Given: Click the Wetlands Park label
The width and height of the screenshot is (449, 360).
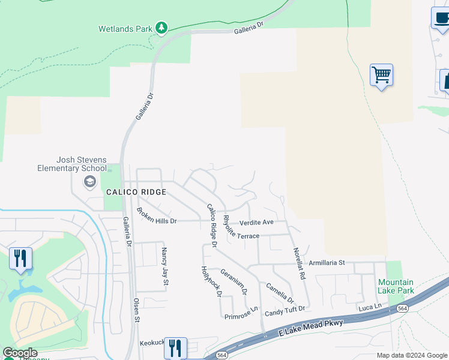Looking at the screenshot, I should [x=125, y=28].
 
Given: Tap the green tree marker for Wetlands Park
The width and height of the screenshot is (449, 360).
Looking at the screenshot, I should [x=161, y=28].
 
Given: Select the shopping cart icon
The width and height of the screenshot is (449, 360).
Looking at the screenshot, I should [x=381, y=76].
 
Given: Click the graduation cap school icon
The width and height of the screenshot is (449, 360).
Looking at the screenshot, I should [x=90, y=182].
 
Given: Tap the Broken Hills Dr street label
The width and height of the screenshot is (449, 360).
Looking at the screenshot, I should [x=157, y=216].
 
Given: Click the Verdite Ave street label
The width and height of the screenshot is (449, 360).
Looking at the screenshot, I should [x=256, y=222].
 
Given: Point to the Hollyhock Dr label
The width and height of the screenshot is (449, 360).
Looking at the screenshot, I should [x=211, y=281].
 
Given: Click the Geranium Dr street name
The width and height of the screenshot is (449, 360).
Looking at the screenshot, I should [x=234, y=280].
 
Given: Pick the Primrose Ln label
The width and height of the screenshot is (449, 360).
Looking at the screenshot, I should [x=241, y=313].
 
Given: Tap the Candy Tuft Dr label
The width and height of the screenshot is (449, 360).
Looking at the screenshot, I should [x=285, y=310].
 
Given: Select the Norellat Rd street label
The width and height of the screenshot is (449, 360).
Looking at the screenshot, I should [x=299, y=264].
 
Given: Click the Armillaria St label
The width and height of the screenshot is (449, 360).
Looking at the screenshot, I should [x=327, y=263].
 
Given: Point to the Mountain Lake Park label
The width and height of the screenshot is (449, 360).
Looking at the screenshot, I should [x=396, y=286].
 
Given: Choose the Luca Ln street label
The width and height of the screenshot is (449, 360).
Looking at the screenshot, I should [x=370, y=307].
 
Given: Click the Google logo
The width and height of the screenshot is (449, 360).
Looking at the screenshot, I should [x=20, y=353].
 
